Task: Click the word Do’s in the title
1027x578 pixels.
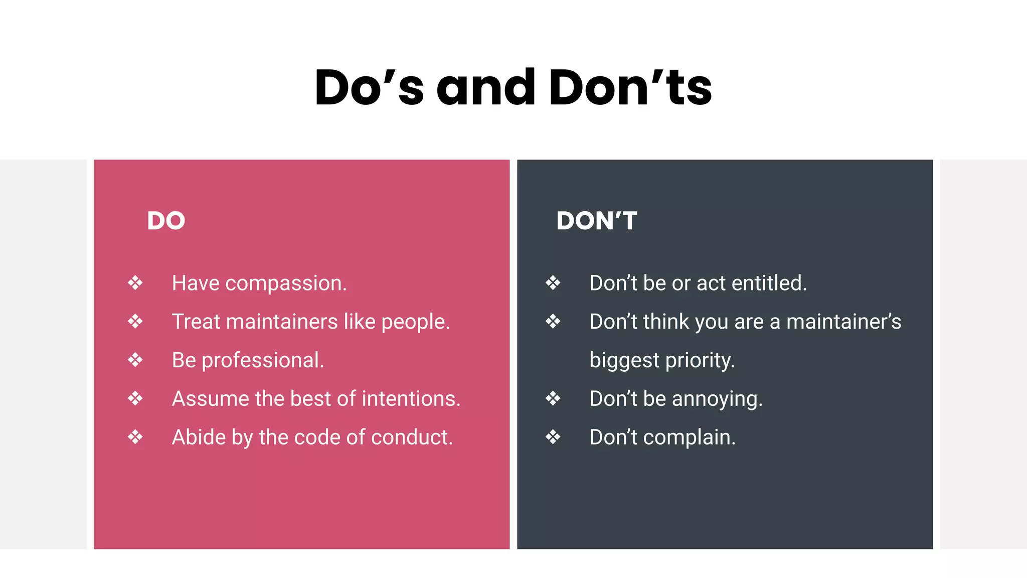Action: click(369, 88)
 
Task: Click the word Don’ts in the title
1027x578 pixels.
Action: click(630, 88)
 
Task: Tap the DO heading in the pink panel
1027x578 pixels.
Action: click(166, 221)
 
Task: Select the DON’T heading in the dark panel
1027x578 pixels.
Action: click(597, 221)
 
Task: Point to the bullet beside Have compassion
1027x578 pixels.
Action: click(135, 283)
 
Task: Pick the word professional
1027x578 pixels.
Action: click(263, 361)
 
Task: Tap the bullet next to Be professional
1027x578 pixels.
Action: click(135, 360)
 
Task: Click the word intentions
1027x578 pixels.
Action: click(411, 399)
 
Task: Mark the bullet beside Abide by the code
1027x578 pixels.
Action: click(135, 437)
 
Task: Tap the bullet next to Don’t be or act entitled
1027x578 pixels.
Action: click(553, 283)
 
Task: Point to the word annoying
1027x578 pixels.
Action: click(717, 399)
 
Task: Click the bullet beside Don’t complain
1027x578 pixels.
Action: click(553, 437)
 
